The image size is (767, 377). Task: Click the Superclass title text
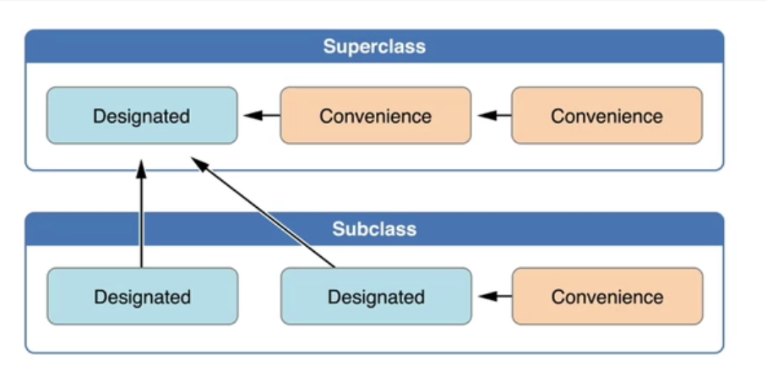coord(374,46)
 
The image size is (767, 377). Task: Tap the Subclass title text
coord(374,229)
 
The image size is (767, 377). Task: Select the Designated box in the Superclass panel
coord(142,116)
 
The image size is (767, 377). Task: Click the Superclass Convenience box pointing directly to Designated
coord(376,116)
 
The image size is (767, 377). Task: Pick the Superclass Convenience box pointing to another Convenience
coord(607,116)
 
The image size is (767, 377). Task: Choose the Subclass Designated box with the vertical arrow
coord(143,296)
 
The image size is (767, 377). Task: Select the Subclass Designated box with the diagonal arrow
coord(376,296)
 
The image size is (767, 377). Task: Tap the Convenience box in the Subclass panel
coord(607,296)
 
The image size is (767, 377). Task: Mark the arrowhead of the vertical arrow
coord(141,169)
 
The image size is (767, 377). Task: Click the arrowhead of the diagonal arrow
coord(199,164)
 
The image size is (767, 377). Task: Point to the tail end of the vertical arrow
coord(141,267)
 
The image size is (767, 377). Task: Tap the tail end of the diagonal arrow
coord(335,267)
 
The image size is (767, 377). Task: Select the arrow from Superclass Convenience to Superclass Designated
coord(262,116)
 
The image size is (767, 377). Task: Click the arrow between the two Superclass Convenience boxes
coord(494,116)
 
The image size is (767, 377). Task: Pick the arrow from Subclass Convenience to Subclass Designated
coord(495,296)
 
